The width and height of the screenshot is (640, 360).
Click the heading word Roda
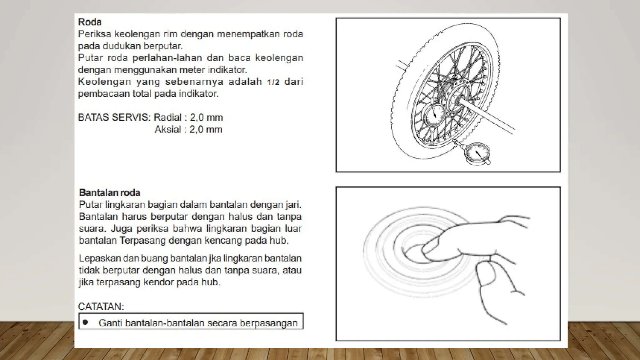(90, 22)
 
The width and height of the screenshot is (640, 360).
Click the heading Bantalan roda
(110, 192)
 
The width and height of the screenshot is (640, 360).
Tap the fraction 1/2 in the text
(273, 82)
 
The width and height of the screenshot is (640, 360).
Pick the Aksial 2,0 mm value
(206, 129)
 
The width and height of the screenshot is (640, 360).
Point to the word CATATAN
(101, 307)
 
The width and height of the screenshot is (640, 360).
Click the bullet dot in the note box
(85, 322)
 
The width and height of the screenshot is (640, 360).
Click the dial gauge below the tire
(477, 153)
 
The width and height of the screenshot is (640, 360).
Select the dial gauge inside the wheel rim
(434, 115)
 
